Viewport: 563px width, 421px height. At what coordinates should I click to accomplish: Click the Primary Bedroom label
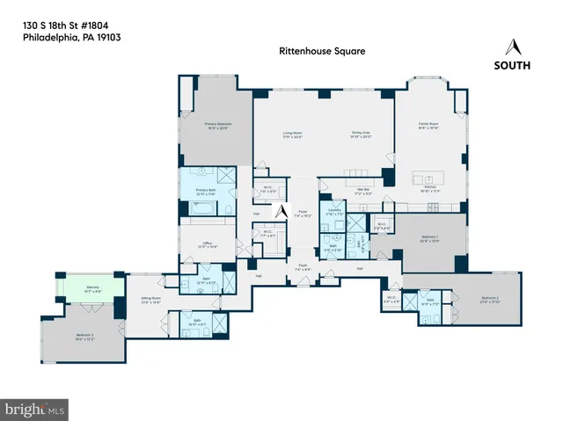pyautogui.click(x=216, y=127)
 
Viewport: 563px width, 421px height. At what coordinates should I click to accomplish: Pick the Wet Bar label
pyautogui.click(x=338, y=187)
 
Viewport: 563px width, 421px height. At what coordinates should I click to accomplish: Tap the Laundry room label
pyautogui.click(x=333, y=213)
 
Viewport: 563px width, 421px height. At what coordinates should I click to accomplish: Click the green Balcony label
pyautogui.click(x=91, y=288)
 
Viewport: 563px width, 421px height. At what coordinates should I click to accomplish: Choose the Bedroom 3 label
pyautogui.click(x=84, y=336)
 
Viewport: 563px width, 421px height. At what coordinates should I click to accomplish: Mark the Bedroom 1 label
pyautogui.click(x=429, y=238)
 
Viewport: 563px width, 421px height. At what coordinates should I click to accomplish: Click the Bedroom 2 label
pyautogui.click(x=490, y=300)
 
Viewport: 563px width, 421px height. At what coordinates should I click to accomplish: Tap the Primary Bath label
pyautogui.click(x=206, y=191)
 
